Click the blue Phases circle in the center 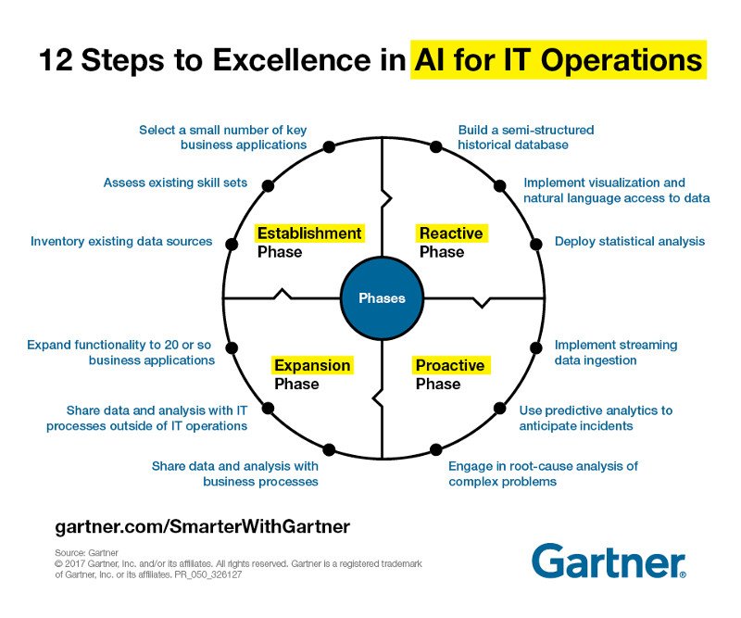tap(382, 298)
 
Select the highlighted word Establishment tap(308, 233)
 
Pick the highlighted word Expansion tap(311, 365)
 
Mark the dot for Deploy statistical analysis tap(535, 244)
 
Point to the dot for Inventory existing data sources tap(230, 244)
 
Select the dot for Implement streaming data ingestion tap(535, 348)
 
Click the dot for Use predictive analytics tap(500, 408)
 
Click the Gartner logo tap(609, 561)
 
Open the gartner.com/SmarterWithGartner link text tap(203, 526)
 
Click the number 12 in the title tap(57, 61)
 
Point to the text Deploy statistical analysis tap(630, 242)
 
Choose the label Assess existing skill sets tap(175, 183)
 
